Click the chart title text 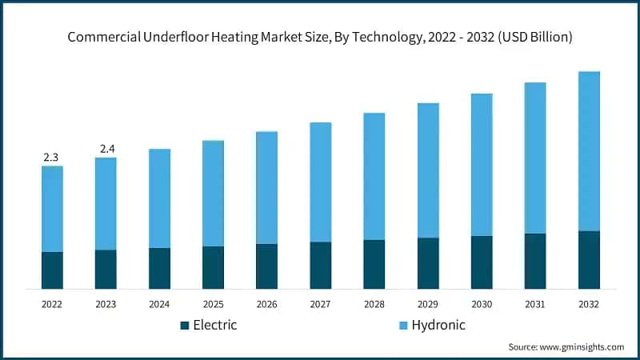pos(320,37)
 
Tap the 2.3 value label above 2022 pos(52,158)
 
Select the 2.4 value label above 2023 pos(106,149)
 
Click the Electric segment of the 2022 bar pos(52,270)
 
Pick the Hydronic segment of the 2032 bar pos(589,151)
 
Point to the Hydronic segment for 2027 pos(321,182)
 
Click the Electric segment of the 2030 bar pos(482,262)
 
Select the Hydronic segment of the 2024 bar pos(159,198)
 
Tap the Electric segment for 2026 pos(266,266)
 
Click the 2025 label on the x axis pos(213,304)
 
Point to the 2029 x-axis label pos(428,304)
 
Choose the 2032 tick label pos(589,304)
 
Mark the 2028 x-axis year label pos(374,304)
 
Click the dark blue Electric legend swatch pos(185,326)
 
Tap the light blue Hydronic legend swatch pos(403,326)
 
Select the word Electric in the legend pos(215,325)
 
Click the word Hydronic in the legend pos(438,325)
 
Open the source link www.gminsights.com pos(581,346)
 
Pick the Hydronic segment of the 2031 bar pos(535,158)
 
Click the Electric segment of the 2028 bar pos(374,264)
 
